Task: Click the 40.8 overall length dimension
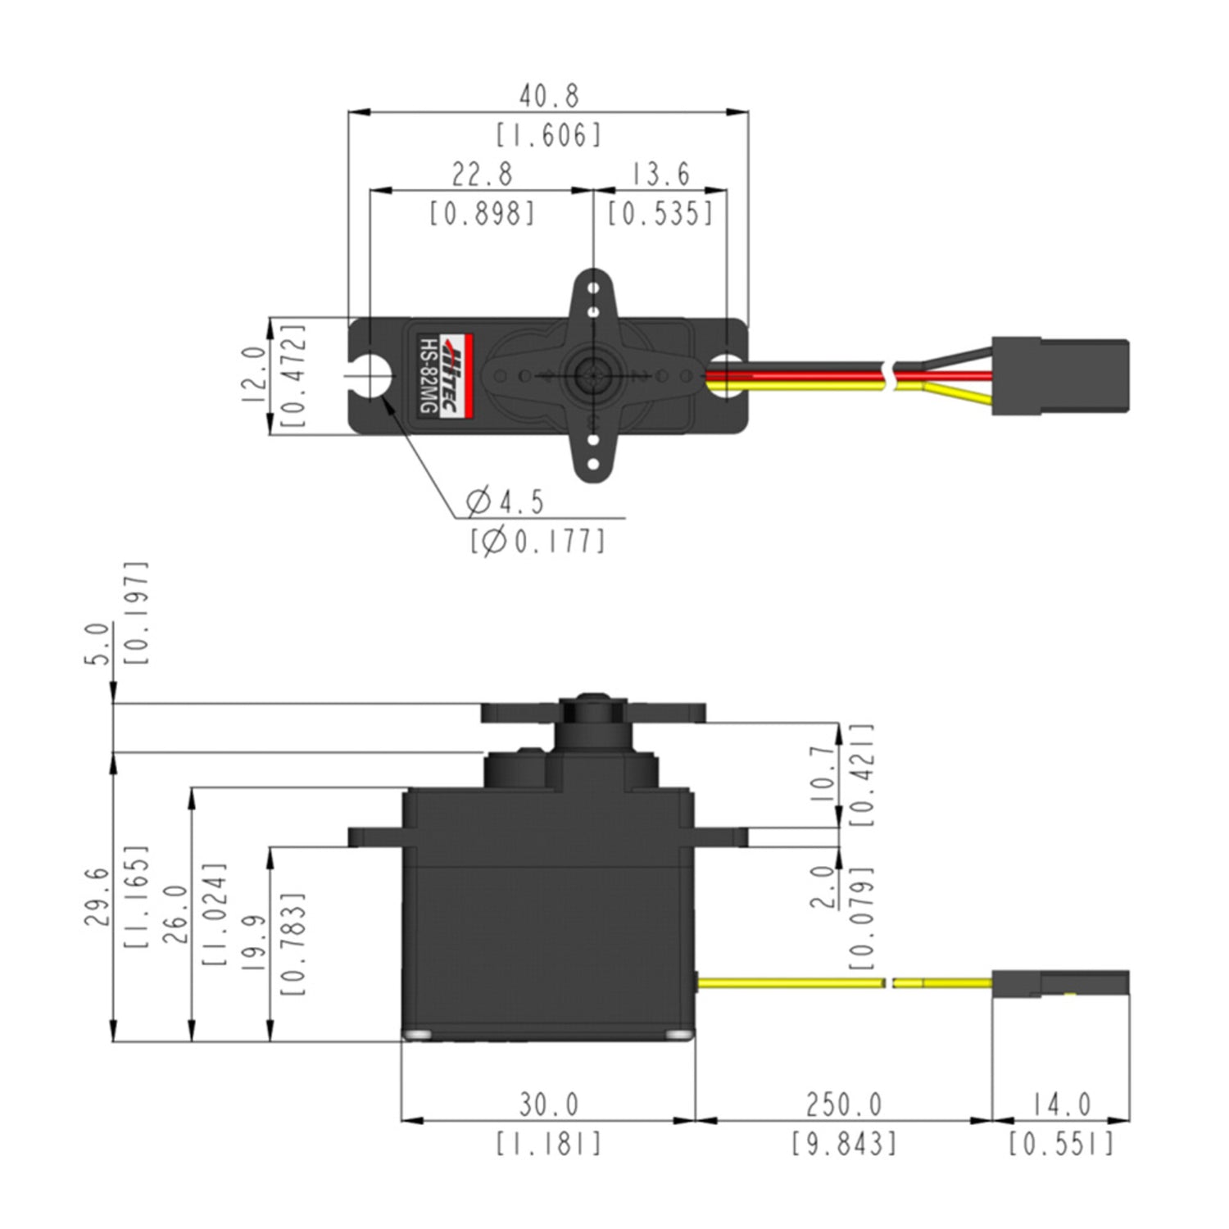click(548, 96)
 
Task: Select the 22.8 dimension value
click(482, 174)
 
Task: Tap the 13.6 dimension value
click(660, 174)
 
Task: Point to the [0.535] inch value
click(660, 214)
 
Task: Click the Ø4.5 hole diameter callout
click(505, 501)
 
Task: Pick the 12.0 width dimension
click(254, 374)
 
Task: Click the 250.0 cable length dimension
click(843, 1105)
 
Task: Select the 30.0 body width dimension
click(548, 1105)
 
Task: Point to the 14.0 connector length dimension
click(1061, 1105)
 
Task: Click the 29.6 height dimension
click(96, 897)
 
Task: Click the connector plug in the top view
click(1060, 376)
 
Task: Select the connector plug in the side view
click(1060, 983)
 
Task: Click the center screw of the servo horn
click(592, 376)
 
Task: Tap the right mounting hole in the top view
click(725, 376)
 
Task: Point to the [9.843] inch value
click(843, 1143)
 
